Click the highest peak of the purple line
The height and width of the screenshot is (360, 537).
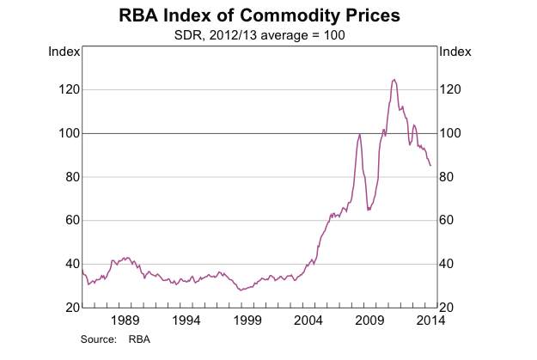point(394,79)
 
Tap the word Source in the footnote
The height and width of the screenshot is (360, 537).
point(98,339)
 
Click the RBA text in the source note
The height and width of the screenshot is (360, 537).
point(139,339)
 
